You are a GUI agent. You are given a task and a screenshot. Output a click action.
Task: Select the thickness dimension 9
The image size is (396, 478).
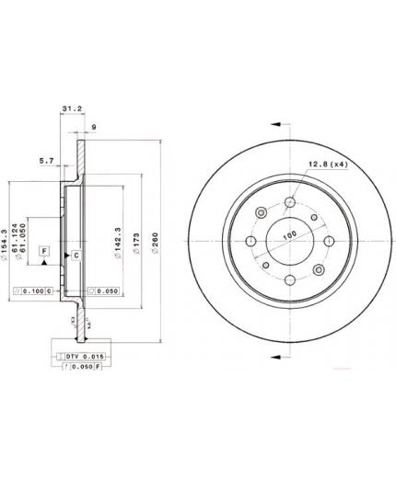(x=95, y=127)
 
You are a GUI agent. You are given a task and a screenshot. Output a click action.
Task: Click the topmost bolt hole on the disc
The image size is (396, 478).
(x=290, y=202)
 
